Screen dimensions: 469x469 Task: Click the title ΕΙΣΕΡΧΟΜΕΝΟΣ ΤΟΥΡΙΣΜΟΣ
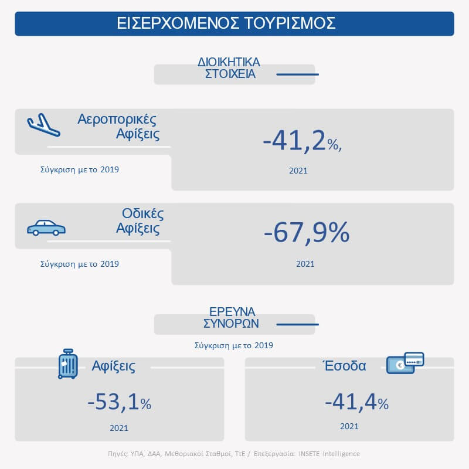coord(234,23)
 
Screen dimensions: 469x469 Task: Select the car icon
coord(46,227)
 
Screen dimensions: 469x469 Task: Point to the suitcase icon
coord(68,363)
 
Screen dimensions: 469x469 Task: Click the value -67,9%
coord(307,233)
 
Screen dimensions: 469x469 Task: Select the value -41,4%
coord(356,402)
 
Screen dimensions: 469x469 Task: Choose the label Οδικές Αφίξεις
coord(137,220)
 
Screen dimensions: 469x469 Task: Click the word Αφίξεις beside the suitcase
coord(114,366)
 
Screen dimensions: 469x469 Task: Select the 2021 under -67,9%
coord(305,264)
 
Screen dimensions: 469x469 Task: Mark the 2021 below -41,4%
coord(349,426)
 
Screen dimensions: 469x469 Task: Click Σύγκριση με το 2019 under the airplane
coord(80,170)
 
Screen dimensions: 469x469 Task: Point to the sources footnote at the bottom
coord(235,453)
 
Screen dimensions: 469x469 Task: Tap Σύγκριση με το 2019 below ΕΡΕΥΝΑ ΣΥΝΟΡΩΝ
coord(234,345)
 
